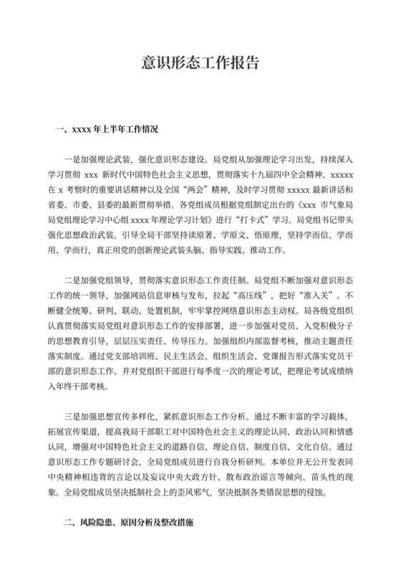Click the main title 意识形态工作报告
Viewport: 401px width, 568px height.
tap(200, 63)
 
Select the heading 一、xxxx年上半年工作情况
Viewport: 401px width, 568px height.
tap(106, 131)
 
